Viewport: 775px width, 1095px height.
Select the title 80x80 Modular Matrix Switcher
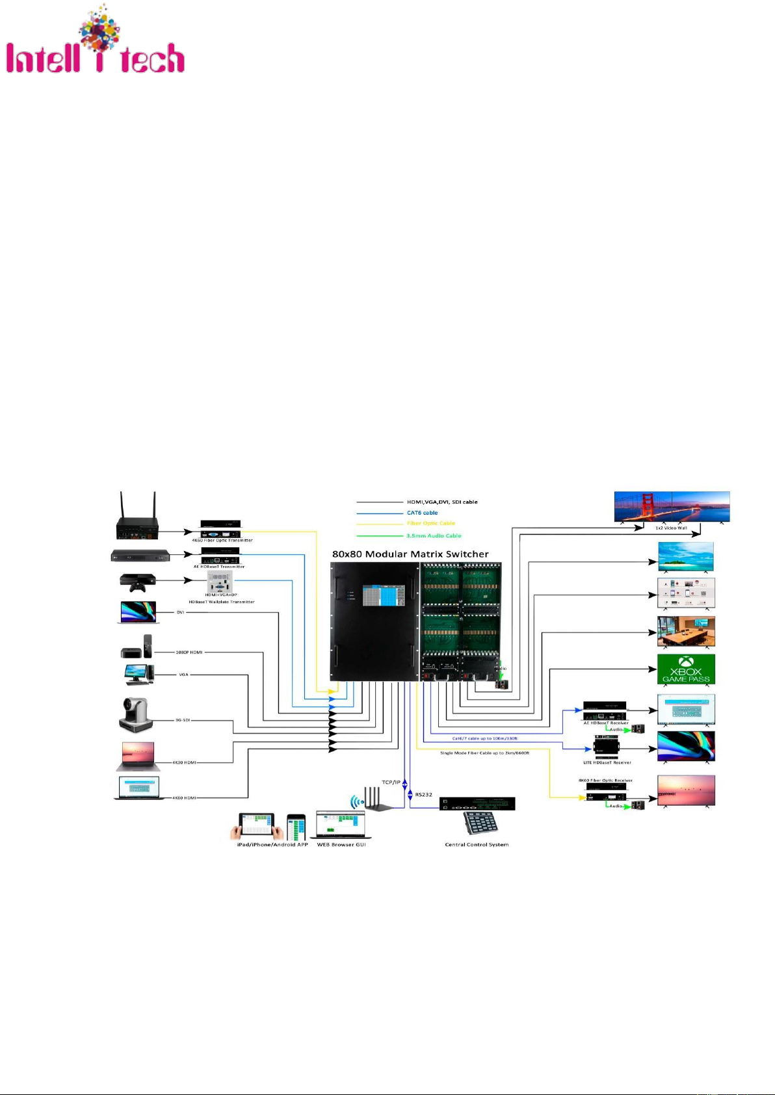pyautogui.click(x=410, y=554)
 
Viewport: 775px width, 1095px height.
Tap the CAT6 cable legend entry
pyautogui.click(x=422, y=513)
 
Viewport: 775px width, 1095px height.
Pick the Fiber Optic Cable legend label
pyautogui.click(x=430, y=523)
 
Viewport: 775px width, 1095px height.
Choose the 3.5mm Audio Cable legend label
pyautogui.click(x=434, y=535)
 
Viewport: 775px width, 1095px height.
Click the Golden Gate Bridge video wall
pyautogui.click(x=672, y=506)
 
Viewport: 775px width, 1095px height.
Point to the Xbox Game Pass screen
pyautogui.click(x=686, y=669)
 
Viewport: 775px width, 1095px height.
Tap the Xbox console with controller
pyautogui.click(x=137, y=582)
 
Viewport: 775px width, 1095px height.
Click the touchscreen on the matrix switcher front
pyautogui.click(x=384, y=595)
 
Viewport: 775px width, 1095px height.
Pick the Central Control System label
pyautogui.click(x=477, y=845)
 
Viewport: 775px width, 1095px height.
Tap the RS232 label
pyautogui.click(x=423, y=795)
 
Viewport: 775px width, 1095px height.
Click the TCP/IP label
pyautogui.click(x=391, y=782)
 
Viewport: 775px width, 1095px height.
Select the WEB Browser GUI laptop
pyautogui.click(x=341, y=824)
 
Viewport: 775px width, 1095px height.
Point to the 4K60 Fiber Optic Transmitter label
pyautogui.click(x=222, y=540)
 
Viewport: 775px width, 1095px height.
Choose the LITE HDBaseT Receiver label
pyautogui.click(x=607, y=762)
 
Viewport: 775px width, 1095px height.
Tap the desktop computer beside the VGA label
pyautogui.click(x=139, y=675)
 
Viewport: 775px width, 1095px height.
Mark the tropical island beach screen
pyautogui.click(x=686, y=557)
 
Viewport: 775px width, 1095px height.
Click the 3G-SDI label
pyautogui.click(x=182, y=720)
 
